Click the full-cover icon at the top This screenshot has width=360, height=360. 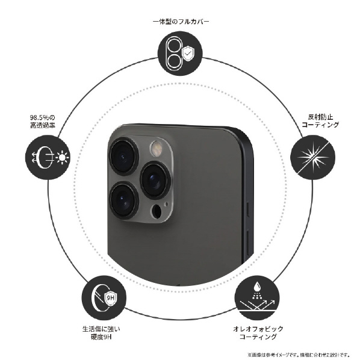pyautogui.click(x=181, y=53)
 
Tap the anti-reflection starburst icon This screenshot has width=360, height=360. pyautogui.click(x=312, y=158)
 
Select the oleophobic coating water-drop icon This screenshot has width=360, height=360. pyautogui.click(x=258, y=297)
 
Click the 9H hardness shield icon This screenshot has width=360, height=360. pyautogui.click(x=104, y=298)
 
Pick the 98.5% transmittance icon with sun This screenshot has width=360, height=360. pyautogui.click(x=48, y=157)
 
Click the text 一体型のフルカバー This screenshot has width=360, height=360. pyautogui.click(x=181, y=22)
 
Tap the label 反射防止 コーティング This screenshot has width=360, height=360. pyautogui.click(x=320, y=121)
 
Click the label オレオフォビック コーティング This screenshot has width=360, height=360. pyautogui.click(x=258, y=333)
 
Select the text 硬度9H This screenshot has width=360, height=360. pyautogui.click(x=101, y=337)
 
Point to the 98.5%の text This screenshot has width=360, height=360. pyautogui.click(x=43, y=118)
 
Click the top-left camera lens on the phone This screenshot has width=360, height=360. pyautogui.click(x=124, y=157)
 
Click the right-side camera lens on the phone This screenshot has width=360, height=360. pyautogui.click(x=155, y=180)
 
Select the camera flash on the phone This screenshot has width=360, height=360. pyautogui.click(x=156, y=149)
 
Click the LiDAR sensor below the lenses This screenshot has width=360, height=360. pyautogui.click(x=157, y=211)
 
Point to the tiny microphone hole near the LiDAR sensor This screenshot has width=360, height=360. pyautogui.click(x=166, y=204)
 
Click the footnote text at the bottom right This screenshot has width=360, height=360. pyautogui.click(x=299, y=355)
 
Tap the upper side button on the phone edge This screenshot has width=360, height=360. pyautogui.click(x=248, y=209)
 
